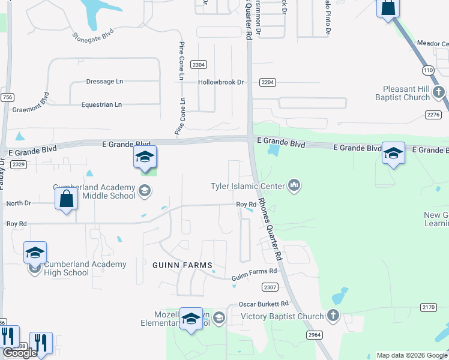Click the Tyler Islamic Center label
point(247,186)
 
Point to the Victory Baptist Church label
point(282,316)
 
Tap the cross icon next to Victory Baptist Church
point(333,316)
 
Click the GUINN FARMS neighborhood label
point(182,265)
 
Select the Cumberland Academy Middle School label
point(94,191)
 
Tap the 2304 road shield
point(198,65)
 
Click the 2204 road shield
point(268,82)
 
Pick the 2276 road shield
point(433,114)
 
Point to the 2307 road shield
point(270,287)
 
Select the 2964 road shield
point(314,334)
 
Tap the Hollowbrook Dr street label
point(221,82)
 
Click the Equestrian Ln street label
point(101,104)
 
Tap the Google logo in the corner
point(20,353)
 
